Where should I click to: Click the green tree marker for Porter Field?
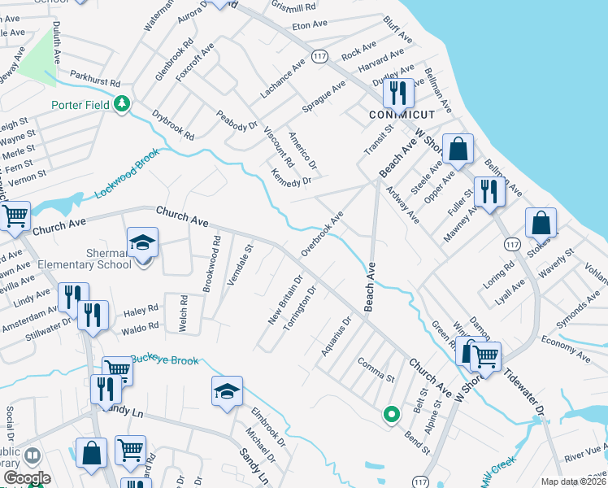click(x=122, y=103)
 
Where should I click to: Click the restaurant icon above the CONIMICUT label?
click(x=397, y=92)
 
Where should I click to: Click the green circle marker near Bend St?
click(x=391, y=415)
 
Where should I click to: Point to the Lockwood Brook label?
click(x=128, y=177)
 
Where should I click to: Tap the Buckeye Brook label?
click(x=165, y=359)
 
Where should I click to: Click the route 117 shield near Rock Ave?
click(x=319, y=56)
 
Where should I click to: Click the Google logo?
click(x=27, y=478)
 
